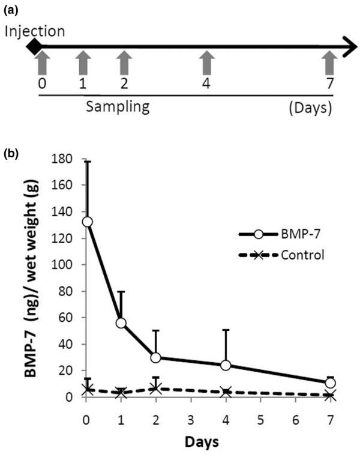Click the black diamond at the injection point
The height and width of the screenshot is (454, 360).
pos(35,46)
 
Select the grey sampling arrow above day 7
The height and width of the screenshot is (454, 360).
pos(329,62)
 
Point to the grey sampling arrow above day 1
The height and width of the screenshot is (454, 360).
pos(83,62)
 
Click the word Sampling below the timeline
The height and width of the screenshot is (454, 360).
pos(117,107)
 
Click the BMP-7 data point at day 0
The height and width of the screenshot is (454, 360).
pos(88,222)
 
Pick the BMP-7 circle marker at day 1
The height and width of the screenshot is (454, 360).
pos(122,323)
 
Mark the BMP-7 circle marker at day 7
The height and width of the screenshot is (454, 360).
pos(329,383)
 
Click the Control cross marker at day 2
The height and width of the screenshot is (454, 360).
pos(157,389)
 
